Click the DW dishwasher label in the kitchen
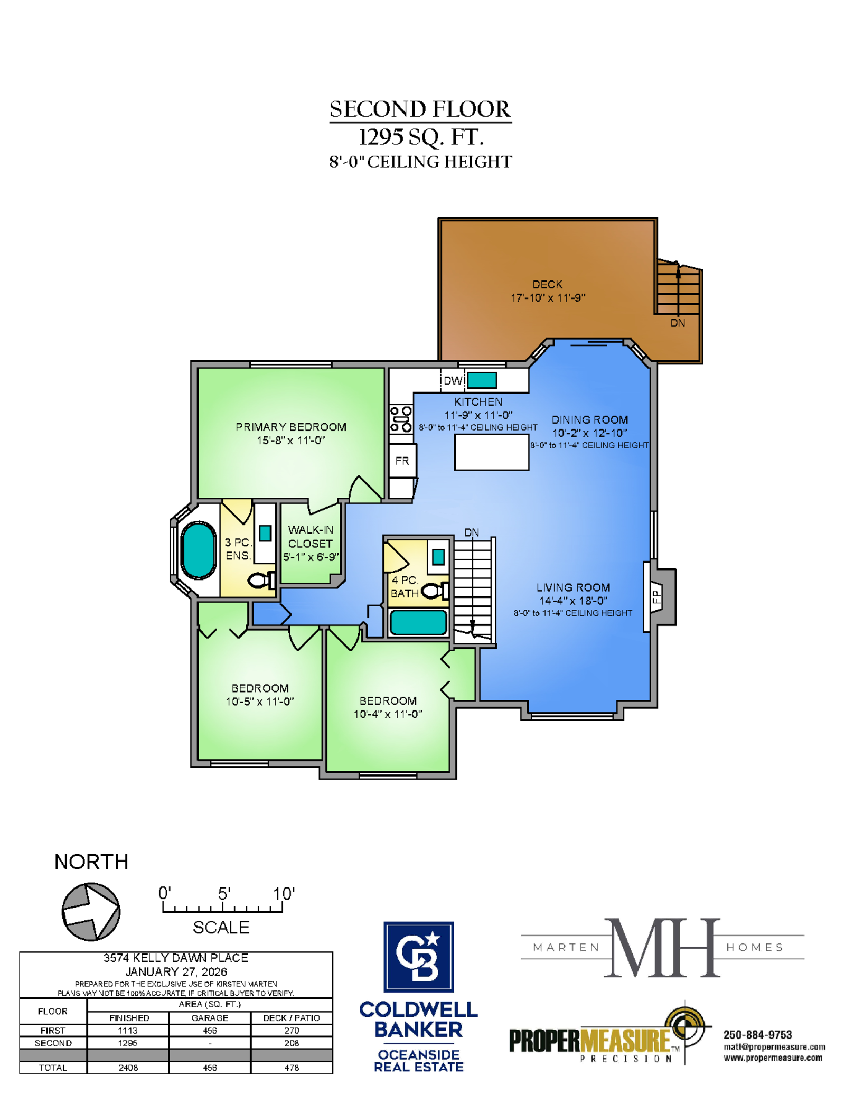(453, 380)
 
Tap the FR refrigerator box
(402, 461)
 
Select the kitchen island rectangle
(491, 452)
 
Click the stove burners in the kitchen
(401, 419)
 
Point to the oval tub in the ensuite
(198, 550)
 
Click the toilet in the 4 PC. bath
(435, 591)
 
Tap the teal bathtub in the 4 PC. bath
(418, 622)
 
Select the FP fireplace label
(656, 597)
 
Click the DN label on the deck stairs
(678, 323)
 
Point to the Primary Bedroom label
(291, 427)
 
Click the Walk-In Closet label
(311, 536)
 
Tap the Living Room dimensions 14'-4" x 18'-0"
(573, 601)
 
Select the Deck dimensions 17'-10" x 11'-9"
(548, 298)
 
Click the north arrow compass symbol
(91, 911)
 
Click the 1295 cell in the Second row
(128, 1043)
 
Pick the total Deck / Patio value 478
(292, 1068)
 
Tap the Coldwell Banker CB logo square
(418, 957)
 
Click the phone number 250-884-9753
(757, 1035)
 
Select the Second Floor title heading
(420, 109)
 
